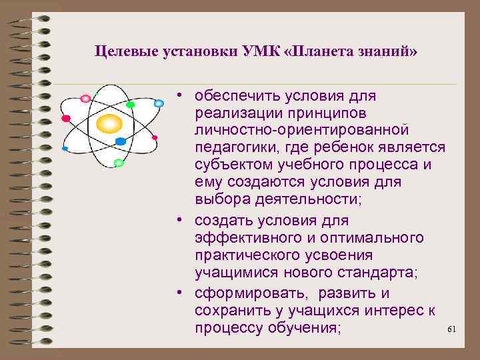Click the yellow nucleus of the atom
(109, 123)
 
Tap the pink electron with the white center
(85, 99)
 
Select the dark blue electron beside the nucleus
(121, 141)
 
